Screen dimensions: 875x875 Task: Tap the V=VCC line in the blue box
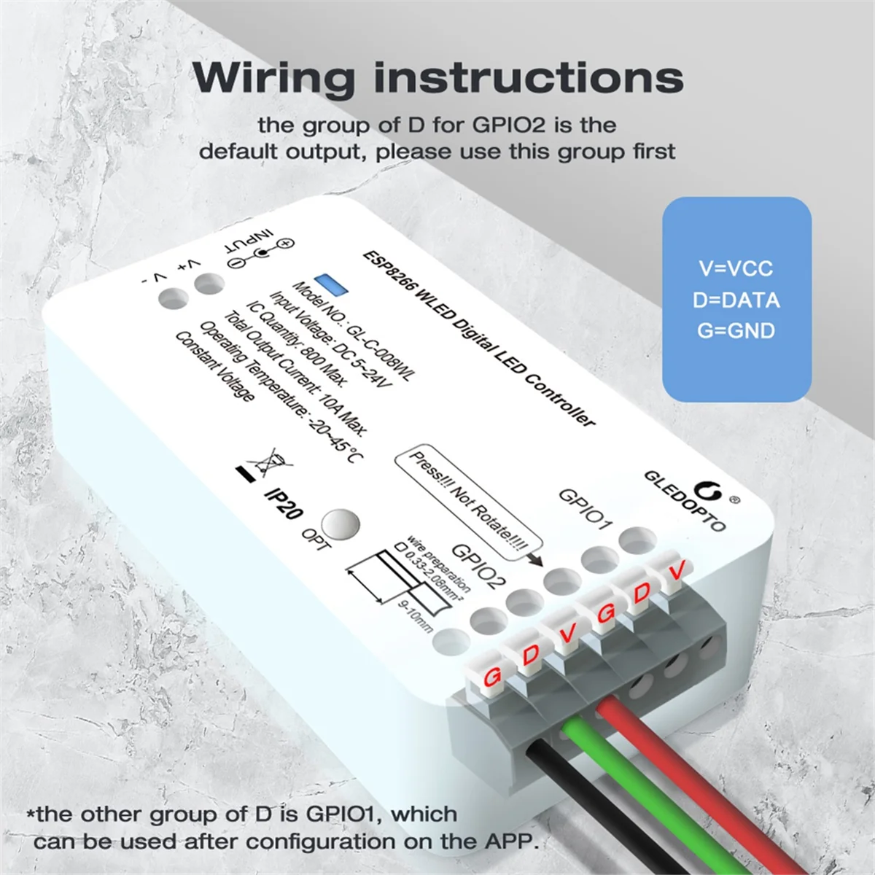pos(736,268)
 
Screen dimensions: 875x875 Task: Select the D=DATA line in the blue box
pos(736,300)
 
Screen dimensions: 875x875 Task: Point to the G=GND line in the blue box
pos(736,331)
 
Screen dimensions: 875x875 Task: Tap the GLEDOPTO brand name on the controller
pos(684,501)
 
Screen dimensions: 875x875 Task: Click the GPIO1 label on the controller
pos(585,508)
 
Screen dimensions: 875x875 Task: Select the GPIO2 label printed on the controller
pos(478,565)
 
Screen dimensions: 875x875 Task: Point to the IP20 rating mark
pos(283,503)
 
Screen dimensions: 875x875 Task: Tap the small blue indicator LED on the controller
pos(330,284)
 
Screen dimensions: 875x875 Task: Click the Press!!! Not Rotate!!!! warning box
pos(468,501)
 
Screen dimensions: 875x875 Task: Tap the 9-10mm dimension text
pos(415,617)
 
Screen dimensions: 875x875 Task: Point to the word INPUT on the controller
pos(248,243)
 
